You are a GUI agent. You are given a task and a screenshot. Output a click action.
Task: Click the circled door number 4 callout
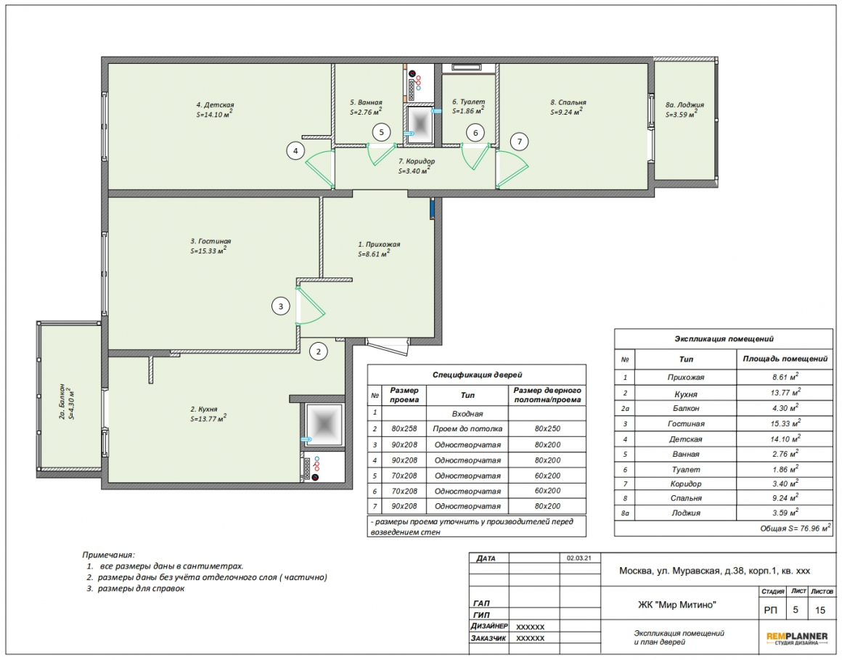point(295,151)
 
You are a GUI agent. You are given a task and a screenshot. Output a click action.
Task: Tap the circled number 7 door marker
point(519,142)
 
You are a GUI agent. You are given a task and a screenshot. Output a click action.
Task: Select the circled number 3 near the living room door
point(280,306)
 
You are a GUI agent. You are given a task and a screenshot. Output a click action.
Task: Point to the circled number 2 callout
point(319,351)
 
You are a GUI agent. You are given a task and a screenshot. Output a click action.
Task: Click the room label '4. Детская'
point(215,105)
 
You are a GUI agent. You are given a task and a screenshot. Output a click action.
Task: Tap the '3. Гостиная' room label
point(210,241)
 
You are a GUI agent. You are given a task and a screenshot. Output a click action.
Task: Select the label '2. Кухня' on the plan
point(203,409)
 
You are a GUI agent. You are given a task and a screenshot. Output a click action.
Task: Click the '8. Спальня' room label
point(568,102)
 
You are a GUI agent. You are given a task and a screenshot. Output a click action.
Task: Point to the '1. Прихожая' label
point(379,245)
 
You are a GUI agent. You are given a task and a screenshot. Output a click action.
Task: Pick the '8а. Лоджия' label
point(684,105)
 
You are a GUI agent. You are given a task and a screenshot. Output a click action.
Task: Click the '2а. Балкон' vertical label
point(62,402)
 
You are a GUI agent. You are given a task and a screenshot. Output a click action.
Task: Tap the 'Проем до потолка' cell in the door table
point(467,429)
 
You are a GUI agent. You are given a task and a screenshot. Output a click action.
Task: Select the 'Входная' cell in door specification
point(467,414)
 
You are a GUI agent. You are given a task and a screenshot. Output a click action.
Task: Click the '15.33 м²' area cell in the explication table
point(785,423)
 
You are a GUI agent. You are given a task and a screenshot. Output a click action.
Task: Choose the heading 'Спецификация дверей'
point(477,375)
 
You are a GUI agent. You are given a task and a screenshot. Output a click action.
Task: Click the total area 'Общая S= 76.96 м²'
point(796,529)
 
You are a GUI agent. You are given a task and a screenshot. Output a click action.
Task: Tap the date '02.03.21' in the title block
point(579,558)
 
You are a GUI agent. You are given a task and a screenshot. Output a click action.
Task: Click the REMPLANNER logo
point(797,638)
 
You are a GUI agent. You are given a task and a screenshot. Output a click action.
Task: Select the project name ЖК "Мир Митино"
point(677,606)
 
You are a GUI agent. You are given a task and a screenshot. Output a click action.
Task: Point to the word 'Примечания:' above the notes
point(108,555)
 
